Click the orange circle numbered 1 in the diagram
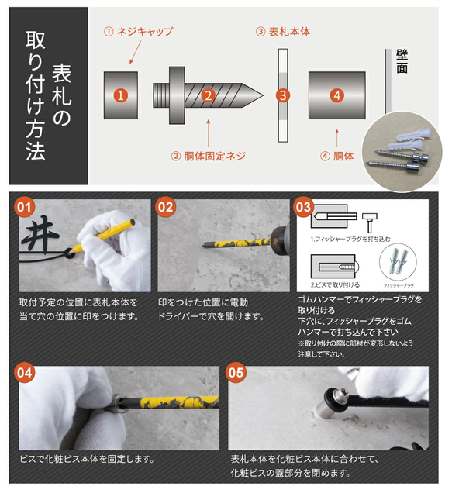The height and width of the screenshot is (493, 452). (120, 95)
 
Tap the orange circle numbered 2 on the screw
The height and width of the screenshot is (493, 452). (207, 95)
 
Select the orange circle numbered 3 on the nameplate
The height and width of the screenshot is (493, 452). (283, 95)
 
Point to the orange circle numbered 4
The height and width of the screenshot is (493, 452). (336, 95)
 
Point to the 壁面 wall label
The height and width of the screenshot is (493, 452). (402, 61)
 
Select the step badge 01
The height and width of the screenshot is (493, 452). (25, 208)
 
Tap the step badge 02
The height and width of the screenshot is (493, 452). (165, 208)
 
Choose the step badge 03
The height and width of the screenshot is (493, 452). (303, 208)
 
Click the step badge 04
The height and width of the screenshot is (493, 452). (25, 371)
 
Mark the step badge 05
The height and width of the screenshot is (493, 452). (236, 371)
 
